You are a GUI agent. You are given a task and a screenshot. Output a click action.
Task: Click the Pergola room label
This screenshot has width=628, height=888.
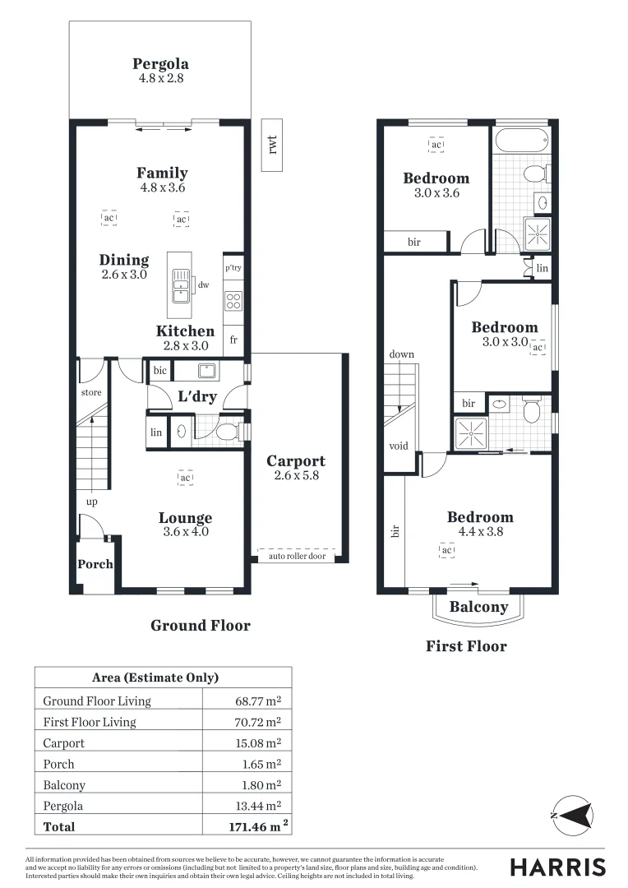(x=160, y=64)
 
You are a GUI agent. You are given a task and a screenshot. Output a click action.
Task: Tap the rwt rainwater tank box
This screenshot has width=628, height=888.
(x=273, y=145)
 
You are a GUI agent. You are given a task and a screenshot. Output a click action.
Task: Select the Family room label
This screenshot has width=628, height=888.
(x=162, y=173)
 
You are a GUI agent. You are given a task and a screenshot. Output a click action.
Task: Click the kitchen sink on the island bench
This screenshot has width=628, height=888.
(x=179, y=287)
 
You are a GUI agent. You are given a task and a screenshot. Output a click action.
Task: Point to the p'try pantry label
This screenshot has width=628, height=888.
(x=233, y=268)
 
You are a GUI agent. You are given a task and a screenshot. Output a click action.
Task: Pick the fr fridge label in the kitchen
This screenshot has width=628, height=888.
(x=233, y=339)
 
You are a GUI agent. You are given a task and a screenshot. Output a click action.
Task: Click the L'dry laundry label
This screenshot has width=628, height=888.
(x=197, y=396)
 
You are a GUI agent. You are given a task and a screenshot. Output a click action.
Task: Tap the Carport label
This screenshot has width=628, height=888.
(x=296, y=461)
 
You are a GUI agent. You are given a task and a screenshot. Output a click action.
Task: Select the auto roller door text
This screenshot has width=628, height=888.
(x=297, y=557)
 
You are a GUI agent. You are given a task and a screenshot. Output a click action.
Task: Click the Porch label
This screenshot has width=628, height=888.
(x=95, y=564)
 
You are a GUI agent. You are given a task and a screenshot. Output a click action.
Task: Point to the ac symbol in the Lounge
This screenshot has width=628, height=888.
(x=186, y=478)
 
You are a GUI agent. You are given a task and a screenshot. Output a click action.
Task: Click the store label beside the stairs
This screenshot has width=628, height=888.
(x=91, y=392)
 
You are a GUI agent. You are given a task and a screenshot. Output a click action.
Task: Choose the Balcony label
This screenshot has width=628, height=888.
(x=478, y=607)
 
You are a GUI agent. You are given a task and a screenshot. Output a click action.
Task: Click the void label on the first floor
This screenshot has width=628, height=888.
(x=399, y=446)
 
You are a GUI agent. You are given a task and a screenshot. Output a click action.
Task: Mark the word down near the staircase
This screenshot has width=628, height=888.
(x=402, y=354)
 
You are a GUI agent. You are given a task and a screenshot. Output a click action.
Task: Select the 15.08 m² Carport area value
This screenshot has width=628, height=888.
(x=258, y=743)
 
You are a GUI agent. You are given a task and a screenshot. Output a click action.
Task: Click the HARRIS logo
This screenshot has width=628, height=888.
(x=557, y=867)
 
